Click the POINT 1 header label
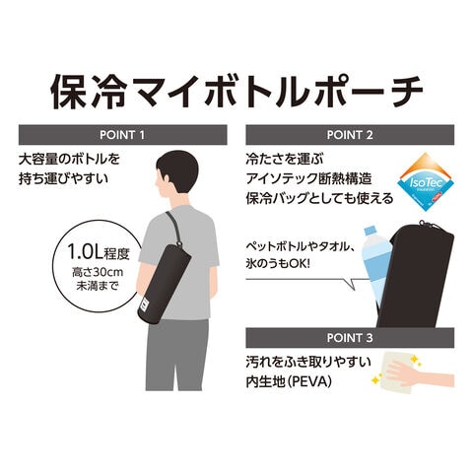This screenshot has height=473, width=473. (122, 135)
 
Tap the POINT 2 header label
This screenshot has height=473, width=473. (350, 135)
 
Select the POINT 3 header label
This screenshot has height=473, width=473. (350, 338)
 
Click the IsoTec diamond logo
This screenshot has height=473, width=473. (426, 181)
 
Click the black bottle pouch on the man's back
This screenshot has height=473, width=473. (165, 283)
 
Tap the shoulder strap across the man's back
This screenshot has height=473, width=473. (173, 228)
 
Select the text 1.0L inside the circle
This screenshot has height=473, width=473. (85, 252)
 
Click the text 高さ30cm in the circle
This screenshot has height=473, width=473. (98, 272)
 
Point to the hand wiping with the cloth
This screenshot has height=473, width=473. (419, 373)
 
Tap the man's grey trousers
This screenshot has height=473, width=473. (177, 355)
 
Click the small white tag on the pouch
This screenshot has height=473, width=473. (145, 304)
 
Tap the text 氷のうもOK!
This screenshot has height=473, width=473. (278, 264)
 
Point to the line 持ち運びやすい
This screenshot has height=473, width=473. (63, 179)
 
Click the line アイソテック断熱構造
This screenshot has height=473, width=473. (308, 179)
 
